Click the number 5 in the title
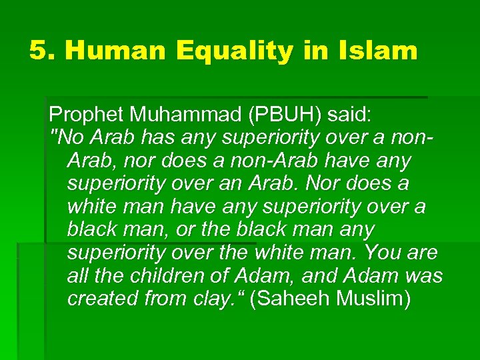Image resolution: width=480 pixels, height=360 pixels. tap(39, 51)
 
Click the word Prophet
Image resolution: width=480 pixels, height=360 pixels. tap(87, 115)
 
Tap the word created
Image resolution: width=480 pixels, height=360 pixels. tap(103, 299)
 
